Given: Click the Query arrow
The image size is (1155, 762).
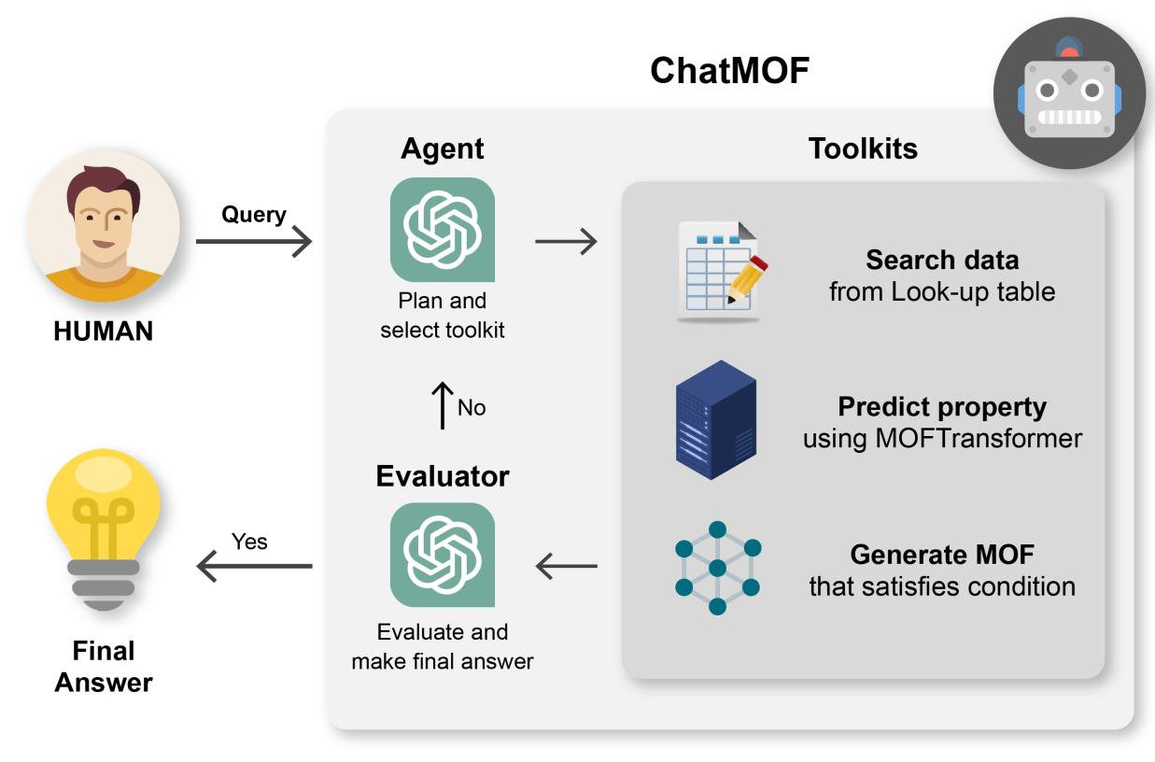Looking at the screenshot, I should (x=253, y=244).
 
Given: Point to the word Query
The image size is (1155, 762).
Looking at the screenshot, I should (x=253, y=214).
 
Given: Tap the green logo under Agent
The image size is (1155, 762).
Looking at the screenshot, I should (x=442, y=230).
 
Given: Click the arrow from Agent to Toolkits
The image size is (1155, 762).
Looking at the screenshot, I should (x=566, y=243).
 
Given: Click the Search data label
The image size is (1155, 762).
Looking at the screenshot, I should (x=941, y=260).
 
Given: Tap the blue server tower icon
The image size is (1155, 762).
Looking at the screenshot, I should (x=715, y=426).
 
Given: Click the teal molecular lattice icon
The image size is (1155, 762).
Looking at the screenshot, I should (x=717, y=567).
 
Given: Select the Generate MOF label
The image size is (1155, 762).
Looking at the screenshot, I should (x=941, y=556).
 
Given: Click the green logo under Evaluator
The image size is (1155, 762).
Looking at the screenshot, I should (x=442, y=555).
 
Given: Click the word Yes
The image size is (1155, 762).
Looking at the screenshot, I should (x=249, y=542).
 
